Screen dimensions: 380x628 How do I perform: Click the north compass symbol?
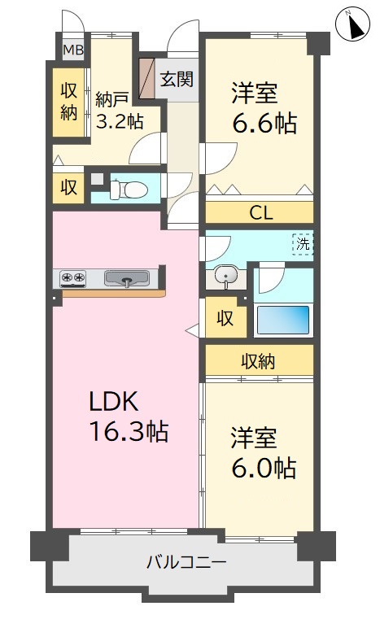coord(354,25)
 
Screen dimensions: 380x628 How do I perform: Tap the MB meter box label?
coord(74,50)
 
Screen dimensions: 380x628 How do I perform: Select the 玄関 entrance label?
coord(177,79)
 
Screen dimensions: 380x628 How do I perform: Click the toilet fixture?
coord(128,189)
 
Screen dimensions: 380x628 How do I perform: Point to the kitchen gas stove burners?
coord(73,277)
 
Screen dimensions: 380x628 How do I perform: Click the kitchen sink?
coord(127,278)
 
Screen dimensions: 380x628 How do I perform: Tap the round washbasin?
coord(226,276)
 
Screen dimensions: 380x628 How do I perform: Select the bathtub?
coord(283,320)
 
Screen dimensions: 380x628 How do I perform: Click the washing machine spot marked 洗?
coord(303,244)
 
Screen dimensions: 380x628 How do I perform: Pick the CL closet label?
coord(261,213)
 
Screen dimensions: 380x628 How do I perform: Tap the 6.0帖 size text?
coord(264,468)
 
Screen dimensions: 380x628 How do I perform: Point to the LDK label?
coord(113,402)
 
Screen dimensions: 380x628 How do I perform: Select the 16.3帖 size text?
coord(129,430)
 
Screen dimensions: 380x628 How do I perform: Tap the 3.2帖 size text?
coord(120,120)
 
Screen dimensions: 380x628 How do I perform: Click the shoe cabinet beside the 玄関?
coord(146,78)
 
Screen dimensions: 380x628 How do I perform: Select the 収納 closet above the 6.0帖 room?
coord(259,362)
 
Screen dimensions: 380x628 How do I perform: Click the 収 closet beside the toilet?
coord(68,187)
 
